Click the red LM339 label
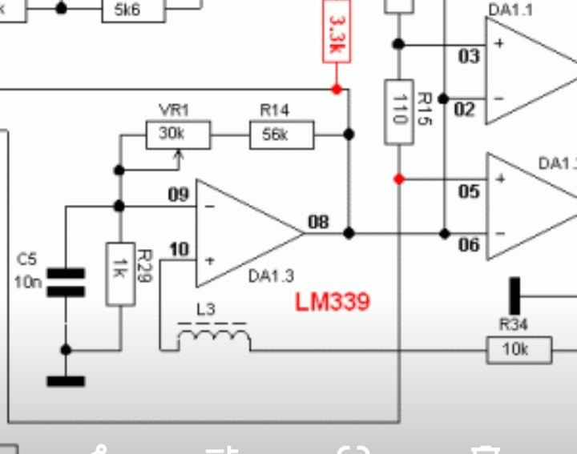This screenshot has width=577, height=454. pos(333,302)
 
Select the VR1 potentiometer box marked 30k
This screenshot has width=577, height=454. pos(178,135)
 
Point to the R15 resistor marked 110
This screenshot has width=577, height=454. pos(399,111)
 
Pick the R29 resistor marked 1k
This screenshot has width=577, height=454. pos(120,274)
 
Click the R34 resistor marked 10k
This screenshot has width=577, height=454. pos(519,350)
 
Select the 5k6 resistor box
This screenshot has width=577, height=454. pos(133,9)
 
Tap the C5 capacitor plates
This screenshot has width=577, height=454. pos(66,283)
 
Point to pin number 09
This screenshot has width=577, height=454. pos(179,195)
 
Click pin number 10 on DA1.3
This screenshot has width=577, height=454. pos(179,250)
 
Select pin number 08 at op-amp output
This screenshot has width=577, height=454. pos(318,222)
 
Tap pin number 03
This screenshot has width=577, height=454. pos(468,56)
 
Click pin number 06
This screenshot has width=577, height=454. pos(468,245)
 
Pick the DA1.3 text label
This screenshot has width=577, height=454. pos(271,276)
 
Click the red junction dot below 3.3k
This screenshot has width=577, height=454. pos(337,89)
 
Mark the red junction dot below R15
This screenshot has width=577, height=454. pos(399,179)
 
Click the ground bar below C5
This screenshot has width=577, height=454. pos(66,381)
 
